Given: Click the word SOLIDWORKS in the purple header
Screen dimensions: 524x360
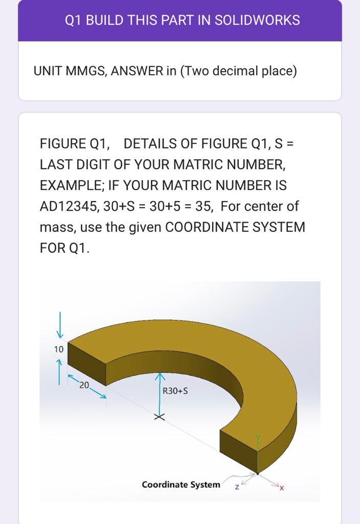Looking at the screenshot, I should pyautogui.click(x=257, y=20).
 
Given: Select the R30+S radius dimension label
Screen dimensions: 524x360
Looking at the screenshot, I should pyautogui.click(x=175, y=391).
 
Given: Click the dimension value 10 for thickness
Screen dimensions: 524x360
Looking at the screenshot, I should pyautogui.click(x=59, y=349).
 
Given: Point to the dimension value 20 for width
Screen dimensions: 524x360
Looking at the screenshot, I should pyautogui.click(x=84, y=385).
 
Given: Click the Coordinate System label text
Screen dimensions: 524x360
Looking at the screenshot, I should pyautogui.click(x=181, y=484).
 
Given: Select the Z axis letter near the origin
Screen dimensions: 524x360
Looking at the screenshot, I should pyautogui.click(x=237, y=487).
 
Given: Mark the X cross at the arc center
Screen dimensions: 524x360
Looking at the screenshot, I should pyautogui.click(x=160, y=417).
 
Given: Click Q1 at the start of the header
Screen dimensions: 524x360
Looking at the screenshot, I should pyautogui.click(x=73, y=20).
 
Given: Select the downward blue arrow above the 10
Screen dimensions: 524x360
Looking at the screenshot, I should pyautogui.click(x=60, y=326).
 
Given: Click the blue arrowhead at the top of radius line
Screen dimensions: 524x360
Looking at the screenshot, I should pyautogui.click(x=160, y=377).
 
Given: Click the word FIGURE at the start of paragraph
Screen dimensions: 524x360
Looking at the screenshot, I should pyautogui.click(x=63, y=144).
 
